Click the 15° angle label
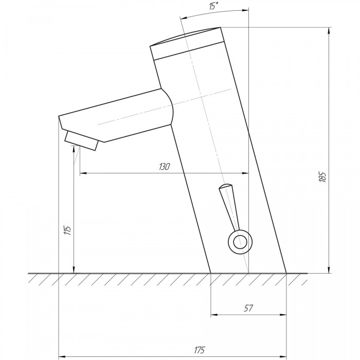pos(213,6)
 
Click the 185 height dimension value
pos(322,177)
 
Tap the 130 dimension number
pos(165,167)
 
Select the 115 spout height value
pos(68,230)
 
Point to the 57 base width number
pos(248,308)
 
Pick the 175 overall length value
pos(200,350)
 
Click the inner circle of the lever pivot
pos(240,242)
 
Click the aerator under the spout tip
pos(81,140)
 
